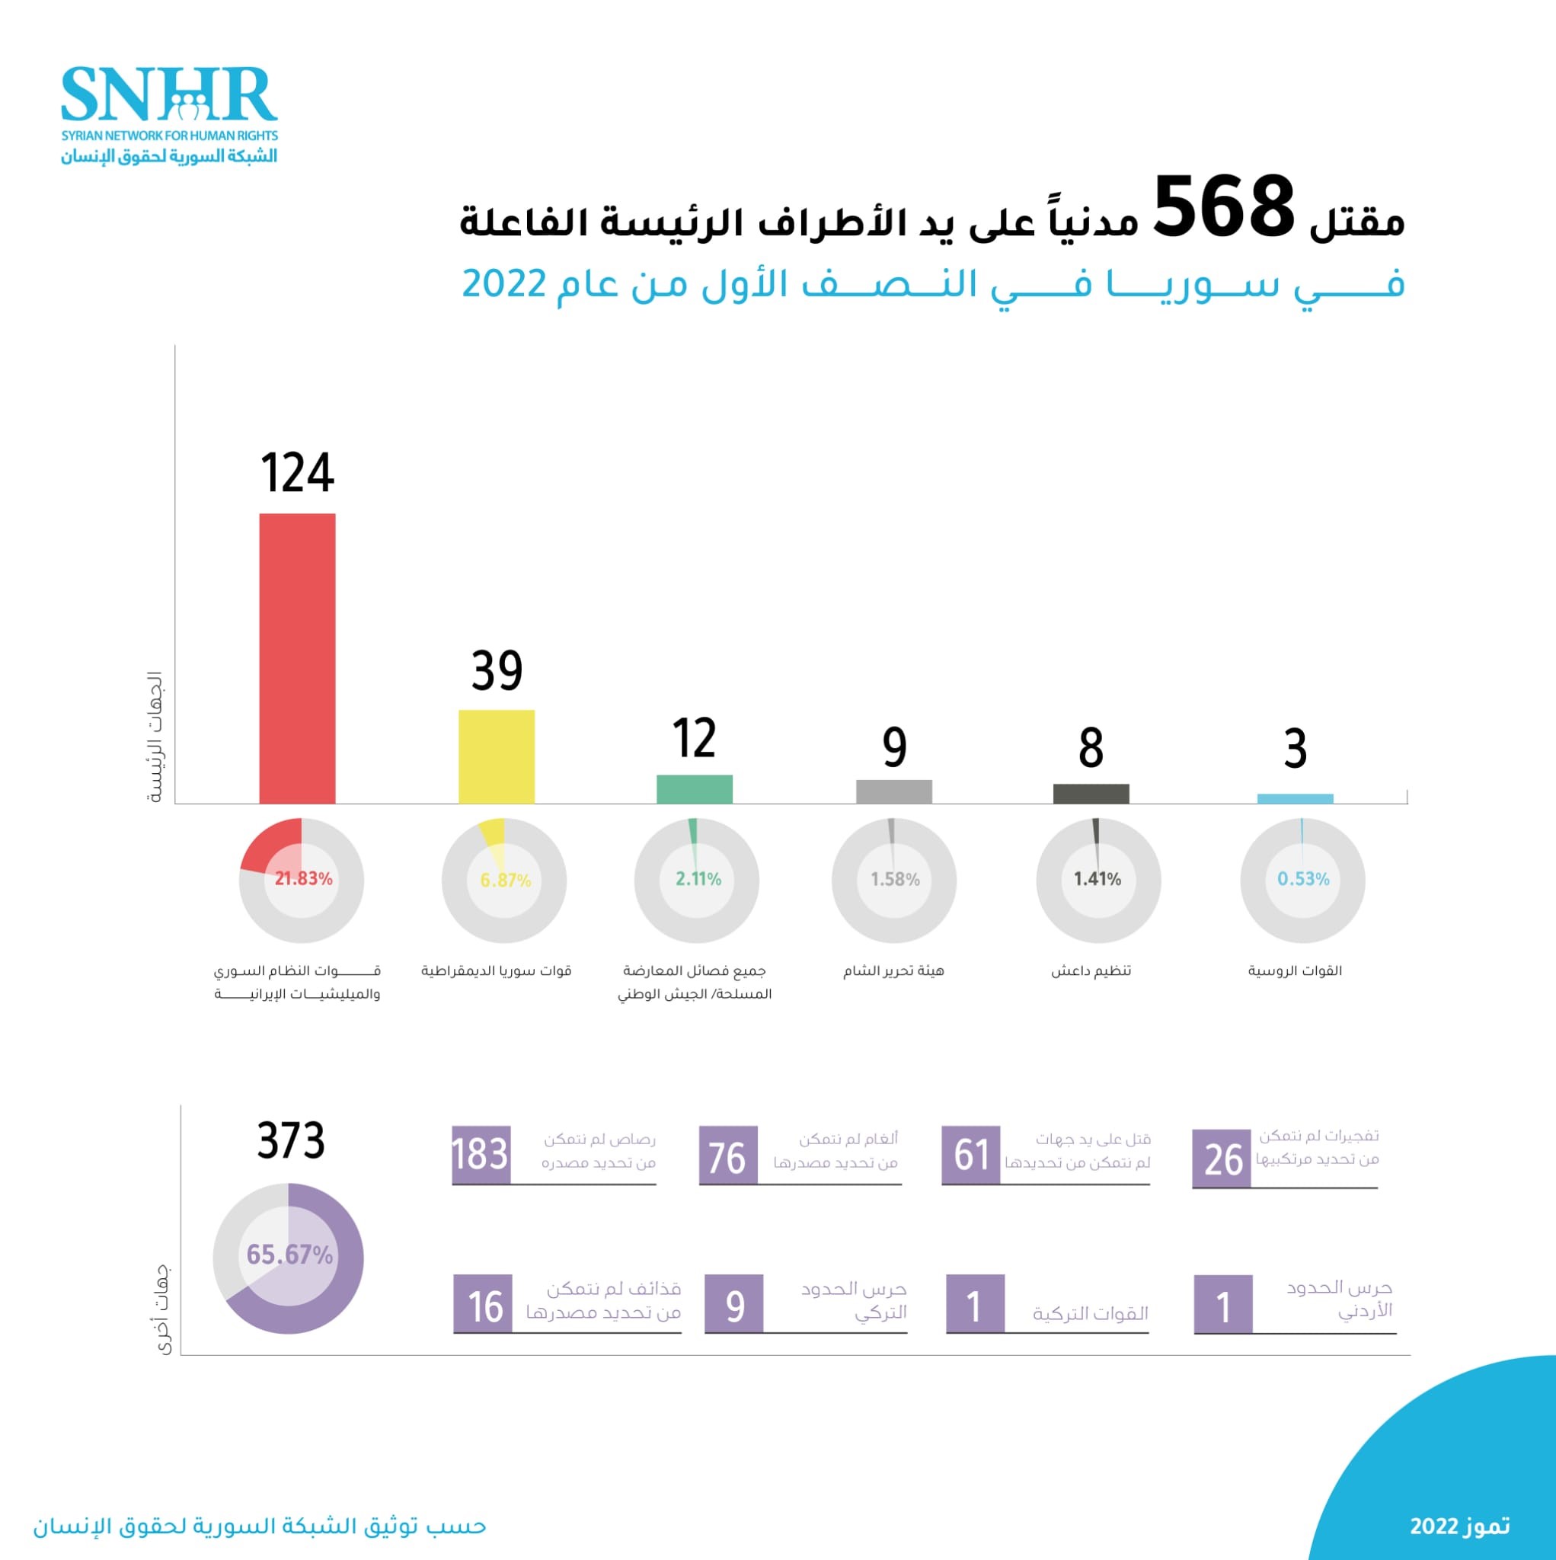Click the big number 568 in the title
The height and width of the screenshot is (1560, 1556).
point(1223,207)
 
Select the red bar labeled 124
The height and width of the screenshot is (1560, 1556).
point(297,658)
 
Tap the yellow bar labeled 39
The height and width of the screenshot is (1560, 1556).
point(497,756)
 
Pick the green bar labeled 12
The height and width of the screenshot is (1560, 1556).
point(695,789)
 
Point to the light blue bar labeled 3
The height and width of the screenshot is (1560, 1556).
point(1296,798)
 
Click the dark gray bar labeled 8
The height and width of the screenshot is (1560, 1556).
point(1091,793)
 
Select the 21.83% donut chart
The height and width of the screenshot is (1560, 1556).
point(301,879)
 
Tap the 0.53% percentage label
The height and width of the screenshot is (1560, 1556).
point(1302,878)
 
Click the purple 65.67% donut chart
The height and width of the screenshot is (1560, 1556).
point(288,1258)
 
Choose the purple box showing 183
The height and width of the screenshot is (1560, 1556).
point(481,1155)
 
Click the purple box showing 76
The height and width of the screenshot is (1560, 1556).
point(727,1156)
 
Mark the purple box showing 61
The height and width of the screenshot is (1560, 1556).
point(970,1155)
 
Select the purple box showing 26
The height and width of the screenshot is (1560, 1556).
point(1221,1159)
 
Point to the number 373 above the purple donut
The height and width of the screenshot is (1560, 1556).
point(291,1141)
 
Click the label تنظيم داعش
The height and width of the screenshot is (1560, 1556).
point(1091,970)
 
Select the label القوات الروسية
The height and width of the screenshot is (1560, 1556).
point(1296,970)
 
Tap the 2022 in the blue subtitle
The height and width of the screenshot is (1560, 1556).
point(504,283)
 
